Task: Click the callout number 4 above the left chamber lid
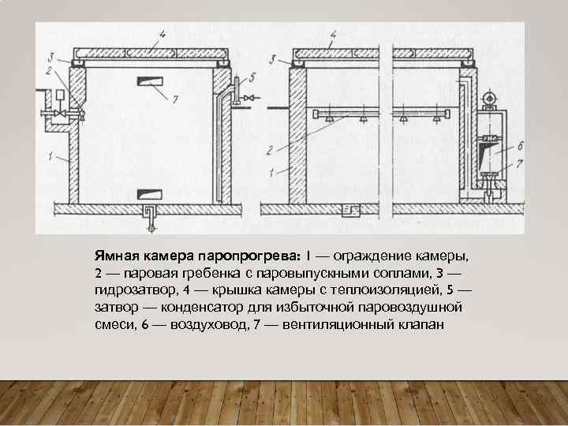click(x=161, y=34)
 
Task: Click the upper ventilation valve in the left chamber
click(x=148, y=79)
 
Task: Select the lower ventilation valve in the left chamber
click(x=148, y=192)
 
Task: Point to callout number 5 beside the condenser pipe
click(x=252, y=77)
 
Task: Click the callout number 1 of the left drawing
click(x=50, y=157)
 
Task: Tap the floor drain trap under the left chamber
click(x=148, y=212)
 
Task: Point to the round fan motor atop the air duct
click(x=488, y=98)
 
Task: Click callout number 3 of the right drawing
click(x=271, y=59)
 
